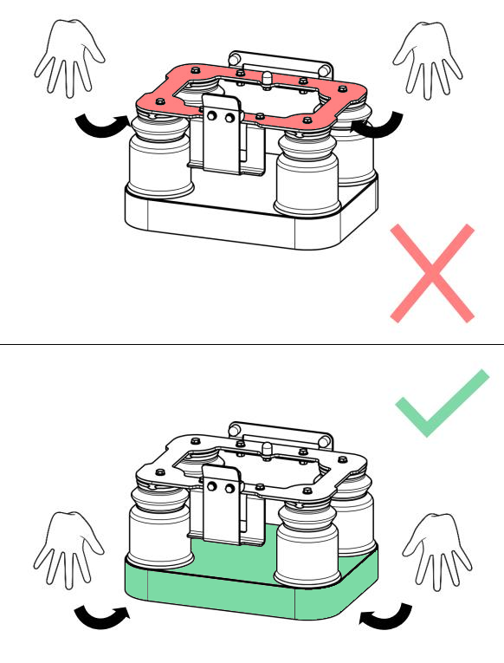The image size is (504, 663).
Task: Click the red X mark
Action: coord(432,273)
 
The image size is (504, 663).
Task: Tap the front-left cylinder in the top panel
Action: coord(158,160)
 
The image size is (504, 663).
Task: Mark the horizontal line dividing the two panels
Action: coord(252,345)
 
